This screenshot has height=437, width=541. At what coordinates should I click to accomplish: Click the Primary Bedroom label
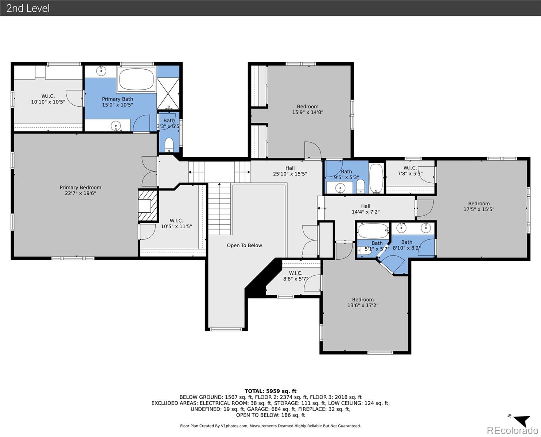point(80,188)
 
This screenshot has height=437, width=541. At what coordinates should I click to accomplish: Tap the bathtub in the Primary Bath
point(136,79)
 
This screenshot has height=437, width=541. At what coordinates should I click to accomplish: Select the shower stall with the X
point(168,94)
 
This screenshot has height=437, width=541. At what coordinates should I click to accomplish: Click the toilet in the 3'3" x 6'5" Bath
point(169,145)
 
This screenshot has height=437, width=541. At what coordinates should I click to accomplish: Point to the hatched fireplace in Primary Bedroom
point(147,205)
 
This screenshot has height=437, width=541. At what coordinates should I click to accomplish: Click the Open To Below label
point(244,245)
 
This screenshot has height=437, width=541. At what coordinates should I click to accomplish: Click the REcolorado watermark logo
point(512,430)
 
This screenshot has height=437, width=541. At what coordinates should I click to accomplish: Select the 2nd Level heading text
point(28,8)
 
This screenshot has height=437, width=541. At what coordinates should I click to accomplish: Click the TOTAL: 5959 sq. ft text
point(270,391)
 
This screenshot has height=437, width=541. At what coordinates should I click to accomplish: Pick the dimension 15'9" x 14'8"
point(308,112)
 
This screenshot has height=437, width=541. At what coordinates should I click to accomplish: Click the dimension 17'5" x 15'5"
point(479,209)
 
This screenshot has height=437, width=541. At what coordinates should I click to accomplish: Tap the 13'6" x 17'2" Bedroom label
point(363,302)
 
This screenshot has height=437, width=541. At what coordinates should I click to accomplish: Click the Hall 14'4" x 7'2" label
point(366,209)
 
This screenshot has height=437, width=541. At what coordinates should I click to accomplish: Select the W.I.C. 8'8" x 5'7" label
point(296,276)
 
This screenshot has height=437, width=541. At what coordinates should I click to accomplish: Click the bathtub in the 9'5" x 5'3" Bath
point(376,178)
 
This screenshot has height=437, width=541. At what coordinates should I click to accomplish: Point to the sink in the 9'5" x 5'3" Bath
point(340,188)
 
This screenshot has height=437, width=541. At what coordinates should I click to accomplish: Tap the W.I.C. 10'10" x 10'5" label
point(48,99)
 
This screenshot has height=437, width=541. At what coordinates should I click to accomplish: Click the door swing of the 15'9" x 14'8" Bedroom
point(313,150)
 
